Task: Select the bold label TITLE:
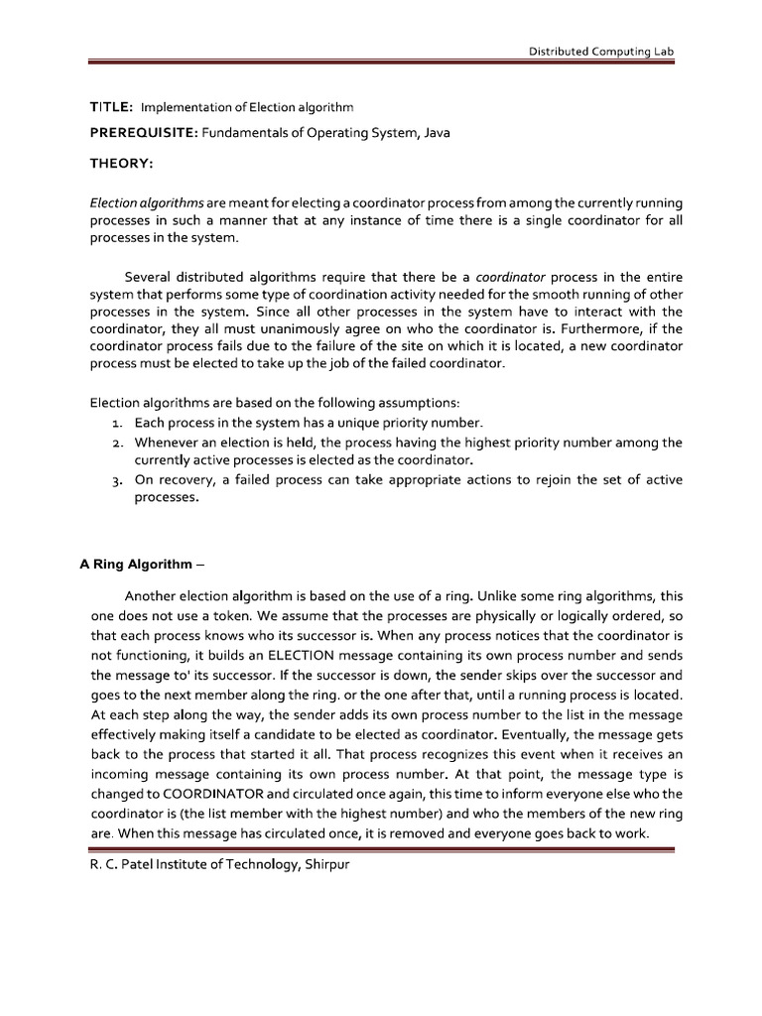coord(112,106)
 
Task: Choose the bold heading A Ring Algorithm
coord(137,564)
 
